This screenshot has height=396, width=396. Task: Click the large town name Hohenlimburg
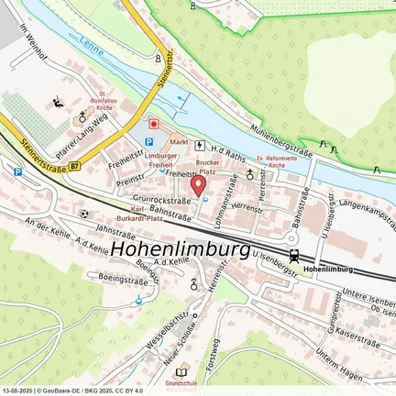(181, 249)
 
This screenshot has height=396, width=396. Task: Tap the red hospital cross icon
(154, 122)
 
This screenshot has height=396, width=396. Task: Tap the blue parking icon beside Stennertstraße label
(16, 170)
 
